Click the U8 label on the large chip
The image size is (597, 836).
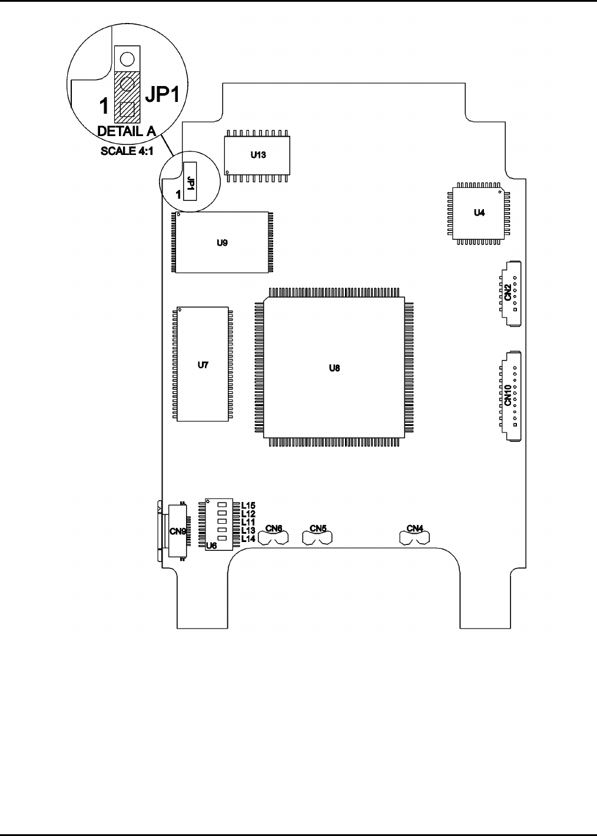[x=334, y=368]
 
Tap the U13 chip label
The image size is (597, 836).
[x=258, y=155]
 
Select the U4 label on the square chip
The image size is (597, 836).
[x=479, y=213]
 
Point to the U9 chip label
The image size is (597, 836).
[x=222, y=243]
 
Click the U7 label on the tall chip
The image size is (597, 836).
[x=203, y=365]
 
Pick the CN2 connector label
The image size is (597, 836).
[x=508, y=293]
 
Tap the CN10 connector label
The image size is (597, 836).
[x=508, y=395]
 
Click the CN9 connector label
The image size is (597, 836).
[x=177, y=531]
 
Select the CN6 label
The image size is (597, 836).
[x=273, y=528]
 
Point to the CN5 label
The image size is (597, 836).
[x=318, y=528]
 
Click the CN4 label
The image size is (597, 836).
[x=414, y=528]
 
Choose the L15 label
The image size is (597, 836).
[x=248, y=505]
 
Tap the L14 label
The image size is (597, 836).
[x=248, y=538]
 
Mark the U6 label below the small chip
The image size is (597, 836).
[x=211, y=546]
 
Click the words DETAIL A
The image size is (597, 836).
[x=127, y=131]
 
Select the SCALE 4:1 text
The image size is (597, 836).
[x=127, y=151]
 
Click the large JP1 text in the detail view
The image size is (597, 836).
[x=162, y=94]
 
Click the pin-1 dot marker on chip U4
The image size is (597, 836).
[x=500, y=192]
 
